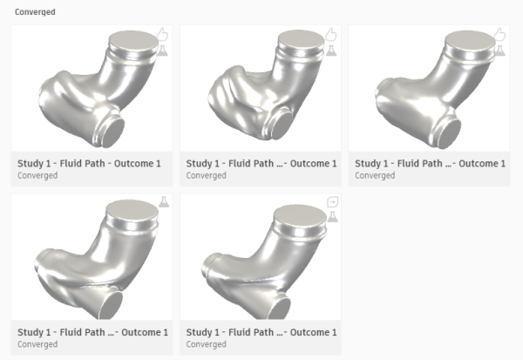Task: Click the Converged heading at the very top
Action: coord(35,12)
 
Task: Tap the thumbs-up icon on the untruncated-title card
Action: coord(162,34)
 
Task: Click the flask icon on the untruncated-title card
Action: coord(163,51)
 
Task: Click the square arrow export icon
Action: coord(333,201)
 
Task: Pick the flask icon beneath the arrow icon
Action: coord(332,216)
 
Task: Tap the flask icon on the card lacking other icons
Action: coord(164,202)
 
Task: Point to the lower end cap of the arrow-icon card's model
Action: coord(280,309)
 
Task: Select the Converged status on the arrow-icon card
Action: coord(206,344)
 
